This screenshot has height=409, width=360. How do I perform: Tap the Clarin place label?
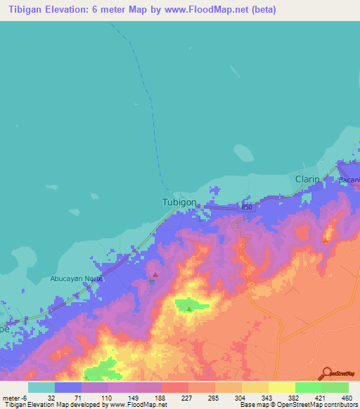[x=307, y=179]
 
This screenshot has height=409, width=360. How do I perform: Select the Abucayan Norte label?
[x=77, y=278]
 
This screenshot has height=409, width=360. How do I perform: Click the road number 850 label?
[x=246, y=207]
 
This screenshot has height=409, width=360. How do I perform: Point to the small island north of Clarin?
[x=243, y=152]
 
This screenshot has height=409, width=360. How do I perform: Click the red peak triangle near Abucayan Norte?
[x=155, y=274]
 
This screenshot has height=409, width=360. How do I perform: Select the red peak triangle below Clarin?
[x=325, y=240]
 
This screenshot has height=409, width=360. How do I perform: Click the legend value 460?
[x=347, y=397]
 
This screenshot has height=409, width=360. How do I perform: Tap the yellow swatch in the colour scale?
[x=281, y=387]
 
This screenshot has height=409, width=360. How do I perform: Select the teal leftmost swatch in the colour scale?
[x=41, y=387]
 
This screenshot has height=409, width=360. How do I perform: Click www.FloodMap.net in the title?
[x=220, y=10]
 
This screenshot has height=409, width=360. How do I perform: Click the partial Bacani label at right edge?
[x=349, y=180]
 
